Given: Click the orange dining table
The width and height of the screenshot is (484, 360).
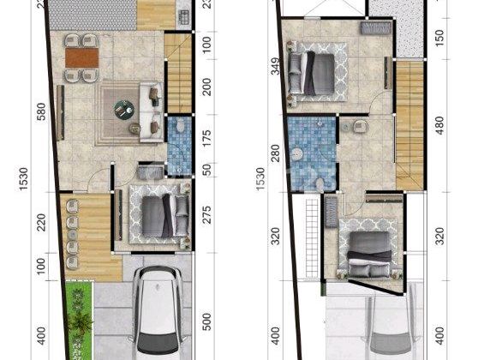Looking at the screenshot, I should (82, 57).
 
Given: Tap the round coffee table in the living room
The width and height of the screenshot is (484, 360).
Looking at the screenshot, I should (125, 109).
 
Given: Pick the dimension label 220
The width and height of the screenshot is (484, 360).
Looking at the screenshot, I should (40, 229).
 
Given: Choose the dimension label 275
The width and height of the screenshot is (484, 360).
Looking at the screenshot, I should (204, 213).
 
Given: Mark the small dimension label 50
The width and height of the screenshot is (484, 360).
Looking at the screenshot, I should (204, 169).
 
